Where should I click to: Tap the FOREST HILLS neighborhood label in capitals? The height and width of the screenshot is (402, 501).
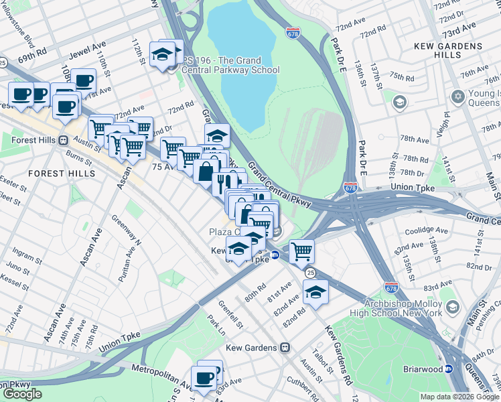pos(56,173)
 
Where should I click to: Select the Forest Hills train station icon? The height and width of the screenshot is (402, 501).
pos(64,141)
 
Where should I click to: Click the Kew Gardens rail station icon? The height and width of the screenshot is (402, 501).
pos(286,348)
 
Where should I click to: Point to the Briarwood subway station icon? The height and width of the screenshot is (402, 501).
pos(449,368)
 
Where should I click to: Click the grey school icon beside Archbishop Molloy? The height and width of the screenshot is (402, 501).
pos(453,307)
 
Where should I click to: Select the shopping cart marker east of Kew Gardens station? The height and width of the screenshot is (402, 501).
pos(302,251)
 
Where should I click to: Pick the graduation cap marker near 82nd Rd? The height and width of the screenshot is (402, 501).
pos(315,291)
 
